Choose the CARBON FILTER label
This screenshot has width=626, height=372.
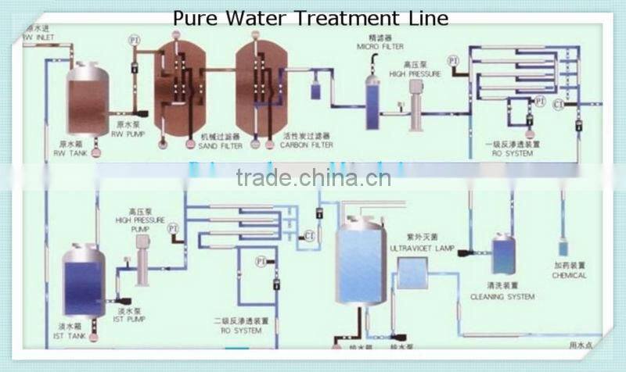pos(308,145)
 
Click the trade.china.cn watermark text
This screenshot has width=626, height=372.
pos(313,178)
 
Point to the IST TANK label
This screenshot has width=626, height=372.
pos(71,334)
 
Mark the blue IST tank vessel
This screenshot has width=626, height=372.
pos(84,281)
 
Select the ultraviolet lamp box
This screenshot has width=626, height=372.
pos(412,272)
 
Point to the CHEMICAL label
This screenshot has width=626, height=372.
pos(569,275)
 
